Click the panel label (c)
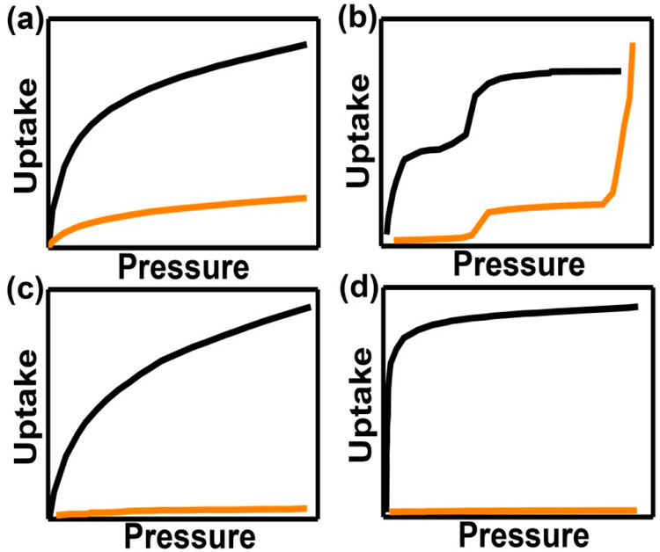pos(25,289)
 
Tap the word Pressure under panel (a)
pos(184,267)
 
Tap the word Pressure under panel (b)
pos(519,264)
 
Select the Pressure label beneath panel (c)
pos(190,536)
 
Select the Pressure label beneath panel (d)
pos(524,535)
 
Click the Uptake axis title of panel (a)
pos(26,135)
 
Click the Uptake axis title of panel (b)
pos(358,130)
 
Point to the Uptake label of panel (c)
pos(26,406)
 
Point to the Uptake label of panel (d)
pos(361,404)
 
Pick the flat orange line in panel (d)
pos(513,511)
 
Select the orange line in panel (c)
pos(181,511)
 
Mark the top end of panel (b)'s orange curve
pos(632,43)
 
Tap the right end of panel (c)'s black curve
pos(311,308)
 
